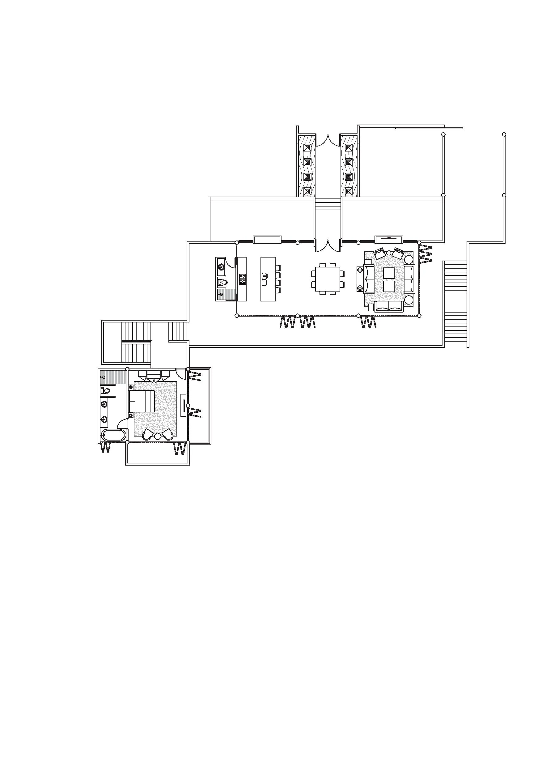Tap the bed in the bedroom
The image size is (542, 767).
pos(142,401)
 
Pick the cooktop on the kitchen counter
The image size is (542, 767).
pos(243,279)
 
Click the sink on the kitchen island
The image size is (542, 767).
pos(265,276)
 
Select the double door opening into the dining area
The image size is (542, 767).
pos(328,246)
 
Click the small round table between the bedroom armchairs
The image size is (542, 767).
pos(158,436)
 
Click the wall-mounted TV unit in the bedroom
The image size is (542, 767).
pos(183,405)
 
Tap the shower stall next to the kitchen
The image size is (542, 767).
pos(226,294)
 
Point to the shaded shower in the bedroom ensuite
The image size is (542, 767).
pos(113,377)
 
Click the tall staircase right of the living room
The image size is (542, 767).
pos(455,304)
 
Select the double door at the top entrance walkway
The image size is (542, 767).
pos(328,140)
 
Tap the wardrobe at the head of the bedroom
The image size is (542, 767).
pos(154,375)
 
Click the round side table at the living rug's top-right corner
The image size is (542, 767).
pos(409,259)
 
